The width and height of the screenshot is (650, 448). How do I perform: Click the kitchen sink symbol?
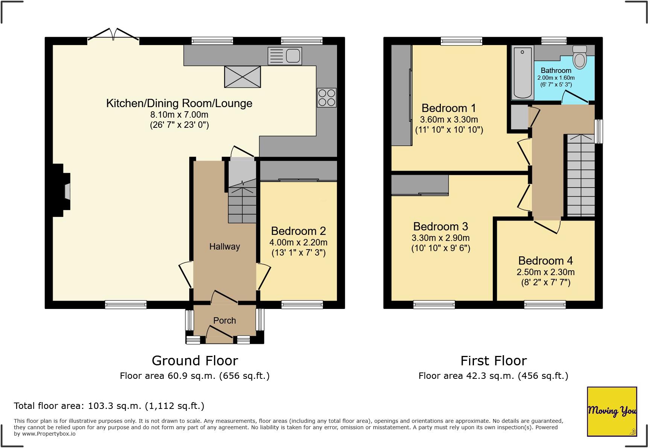(x=285, y=56)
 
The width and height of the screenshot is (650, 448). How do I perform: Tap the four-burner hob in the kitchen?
(x=326, y=97)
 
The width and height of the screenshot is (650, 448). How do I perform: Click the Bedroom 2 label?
(x=298, y=231)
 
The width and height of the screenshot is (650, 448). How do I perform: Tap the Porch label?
(x=225, y=321)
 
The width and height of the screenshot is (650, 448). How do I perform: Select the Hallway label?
(x=225, y=247)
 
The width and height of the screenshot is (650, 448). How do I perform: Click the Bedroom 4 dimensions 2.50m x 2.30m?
(x=545, y=272)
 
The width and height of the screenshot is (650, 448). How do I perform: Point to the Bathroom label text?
(x=556, y=70)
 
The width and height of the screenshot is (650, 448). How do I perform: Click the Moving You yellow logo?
(x=612, y=411)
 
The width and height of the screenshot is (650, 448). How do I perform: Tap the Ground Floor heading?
(x=194, y=361)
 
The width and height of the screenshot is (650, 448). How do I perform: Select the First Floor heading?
(x=493, y=361)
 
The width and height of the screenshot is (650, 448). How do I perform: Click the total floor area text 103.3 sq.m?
(x=109, y=406)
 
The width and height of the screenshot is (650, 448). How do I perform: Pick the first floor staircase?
(x=580, y=177)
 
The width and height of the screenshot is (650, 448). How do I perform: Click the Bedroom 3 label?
(x=440, y=226)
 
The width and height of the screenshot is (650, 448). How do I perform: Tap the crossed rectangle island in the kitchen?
(x=242, y=77)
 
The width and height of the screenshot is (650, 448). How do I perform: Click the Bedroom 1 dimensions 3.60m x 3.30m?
(x=449, y=120)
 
